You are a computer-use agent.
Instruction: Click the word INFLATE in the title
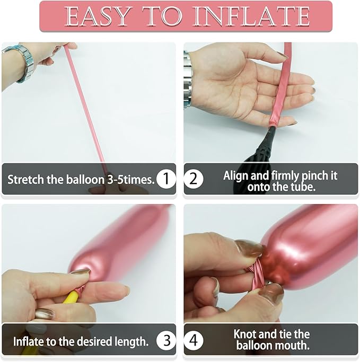[x=251, y=16]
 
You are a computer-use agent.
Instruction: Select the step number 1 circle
[x=166, y=179]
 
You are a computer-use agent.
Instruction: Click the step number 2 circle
[x=194, y=179]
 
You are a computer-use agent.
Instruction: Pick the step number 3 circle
[x=166, y=340]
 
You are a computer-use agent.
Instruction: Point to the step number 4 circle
[x=194, y=340]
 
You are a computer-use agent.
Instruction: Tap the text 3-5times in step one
[x=130, y=180]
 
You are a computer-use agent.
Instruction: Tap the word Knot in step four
[x=244, y=334]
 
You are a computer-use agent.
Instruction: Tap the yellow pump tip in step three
[x=72, y=297]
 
